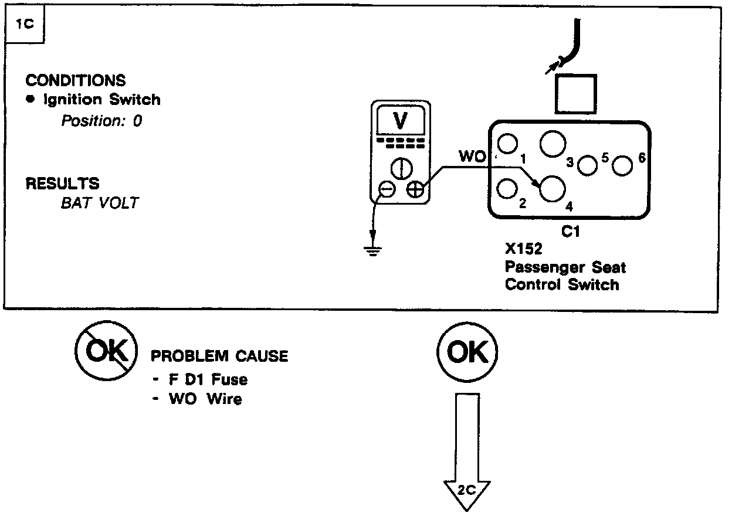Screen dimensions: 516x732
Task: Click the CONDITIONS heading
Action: tap(76, 80)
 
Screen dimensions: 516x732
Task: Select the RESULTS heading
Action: tap(62, 183)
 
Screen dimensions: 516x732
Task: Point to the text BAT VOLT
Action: tap(100, 203)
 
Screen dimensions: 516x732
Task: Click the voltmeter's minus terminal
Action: tap(387, 189)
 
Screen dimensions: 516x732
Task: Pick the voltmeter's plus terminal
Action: tap(415, 189)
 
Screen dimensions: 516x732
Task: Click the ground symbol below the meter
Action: tap(372, 249)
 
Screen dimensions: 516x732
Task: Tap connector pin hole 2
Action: tap(507, 189)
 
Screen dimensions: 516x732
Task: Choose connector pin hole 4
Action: tap(552, 189)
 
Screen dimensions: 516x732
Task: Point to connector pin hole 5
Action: tap(587, 165)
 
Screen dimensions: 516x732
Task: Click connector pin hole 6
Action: tap(622, 166)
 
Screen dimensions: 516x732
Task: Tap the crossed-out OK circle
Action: tap(107, 351)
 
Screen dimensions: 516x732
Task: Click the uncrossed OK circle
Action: tap(467, 352)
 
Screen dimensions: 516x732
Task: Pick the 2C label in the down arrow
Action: tap(467, 490)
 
